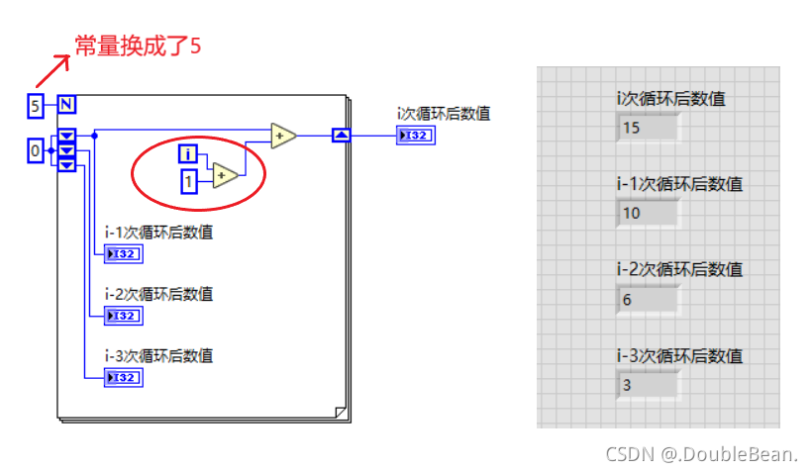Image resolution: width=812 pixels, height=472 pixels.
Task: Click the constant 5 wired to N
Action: pyautogui.click(x=36, y=105)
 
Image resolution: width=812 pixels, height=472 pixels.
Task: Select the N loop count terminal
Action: pyautogui.click(x=66, y=105)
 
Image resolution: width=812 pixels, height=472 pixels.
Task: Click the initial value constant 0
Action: pyautogui.click(x=36, y=150)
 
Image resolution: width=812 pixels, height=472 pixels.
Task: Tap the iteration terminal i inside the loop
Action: pyautogui.click(x=188, y=153)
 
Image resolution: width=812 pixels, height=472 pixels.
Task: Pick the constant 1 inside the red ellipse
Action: pyautogui.click(x=188, y=181)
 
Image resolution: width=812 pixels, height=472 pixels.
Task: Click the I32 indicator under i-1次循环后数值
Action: pyautogui.click(x=124, y=254)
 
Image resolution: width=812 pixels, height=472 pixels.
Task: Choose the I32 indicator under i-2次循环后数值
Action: pyautogui.click(x=124, y=316)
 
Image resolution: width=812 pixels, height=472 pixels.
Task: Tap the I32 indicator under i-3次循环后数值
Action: pyautogui.click(x=124, y=377)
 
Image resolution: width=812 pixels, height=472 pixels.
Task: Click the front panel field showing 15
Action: pyautogui.click(x=648, y=128)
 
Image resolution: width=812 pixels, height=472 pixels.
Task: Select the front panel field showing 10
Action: pyautogui.click(x=648, y=213)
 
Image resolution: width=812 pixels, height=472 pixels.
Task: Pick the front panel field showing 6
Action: pyautogui.click(x=648, y=299)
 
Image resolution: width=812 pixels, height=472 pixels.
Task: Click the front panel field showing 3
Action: pyautogui.click(x=648, y=384)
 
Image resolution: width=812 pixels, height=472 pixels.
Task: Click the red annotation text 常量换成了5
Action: pyautogui.click(x=139, y=46)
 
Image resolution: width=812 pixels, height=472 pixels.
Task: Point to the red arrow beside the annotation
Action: pyautogui.click(x=51, y=71)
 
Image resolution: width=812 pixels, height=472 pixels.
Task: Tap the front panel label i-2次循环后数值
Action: pyautogui.click(x=678, y=269)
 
